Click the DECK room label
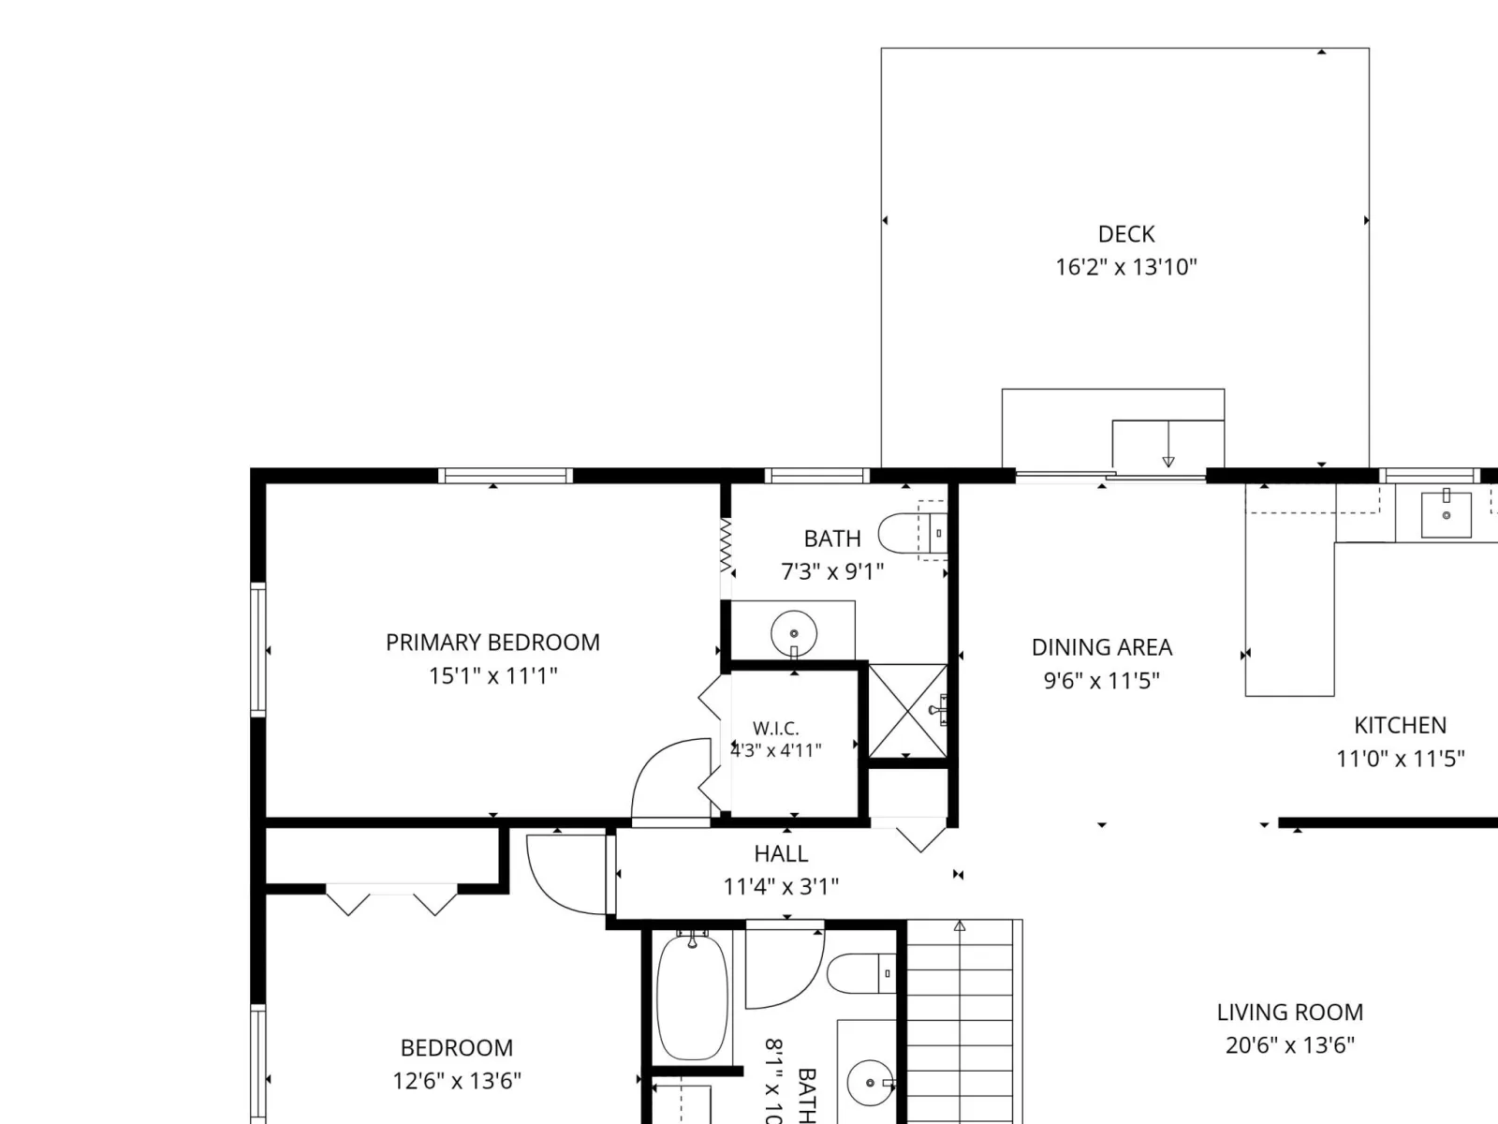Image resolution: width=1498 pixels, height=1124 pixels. (1126, 234)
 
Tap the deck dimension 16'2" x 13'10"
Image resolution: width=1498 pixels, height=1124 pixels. (1126, 267)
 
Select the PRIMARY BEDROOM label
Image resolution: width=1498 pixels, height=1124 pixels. (492, 643)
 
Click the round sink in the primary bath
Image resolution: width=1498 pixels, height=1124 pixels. (794, 633)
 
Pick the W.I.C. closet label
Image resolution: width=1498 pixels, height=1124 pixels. (776, 728)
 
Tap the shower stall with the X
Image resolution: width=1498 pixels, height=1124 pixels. (907, 710)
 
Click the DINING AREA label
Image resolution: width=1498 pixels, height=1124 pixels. (1101, 647)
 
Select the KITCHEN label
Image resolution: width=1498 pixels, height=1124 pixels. (1400, 725)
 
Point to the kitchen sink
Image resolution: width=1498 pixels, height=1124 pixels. (1447, 515)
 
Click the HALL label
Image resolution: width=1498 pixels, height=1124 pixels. (781, 853)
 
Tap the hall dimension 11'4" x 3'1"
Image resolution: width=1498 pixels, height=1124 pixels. (781, 886)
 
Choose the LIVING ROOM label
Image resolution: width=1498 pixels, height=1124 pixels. (1290, 1012)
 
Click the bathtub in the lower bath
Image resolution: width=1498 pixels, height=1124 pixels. (692, 997)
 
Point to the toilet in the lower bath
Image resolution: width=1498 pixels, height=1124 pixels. (861, 973)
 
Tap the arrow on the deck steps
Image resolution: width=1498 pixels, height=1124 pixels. (1168, 444)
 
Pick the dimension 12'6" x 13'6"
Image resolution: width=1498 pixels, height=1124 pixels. (457, 1080)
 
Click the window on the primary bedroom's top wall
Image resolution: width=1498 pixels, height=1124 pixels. (505, 476)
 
